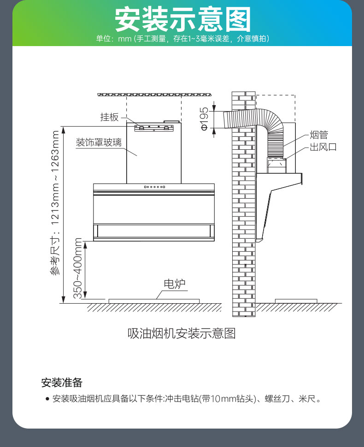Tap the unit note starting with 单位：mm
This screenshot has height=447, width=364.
point(182,39)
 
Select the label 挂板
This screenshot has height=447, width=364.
point(109,117)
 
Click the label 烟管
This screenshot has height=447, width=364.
point(318,135)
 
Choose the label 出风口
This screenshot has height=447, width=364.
point(323,147)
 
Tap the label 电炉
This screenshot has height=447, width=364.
point(174,283)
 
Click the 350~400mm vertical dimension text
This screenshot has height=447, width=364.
point(78,268)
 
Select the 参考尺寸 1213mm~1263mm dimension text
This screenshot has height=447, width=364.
point(55,203)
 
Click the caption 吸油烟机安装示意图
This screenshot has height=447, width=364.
point(182,333)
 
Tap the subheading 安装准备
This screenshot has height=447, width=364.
point(61,382)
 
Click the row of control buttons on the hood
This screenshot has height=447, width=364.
point(154,187)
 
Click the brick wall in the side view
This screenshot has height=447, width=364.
point(243,207)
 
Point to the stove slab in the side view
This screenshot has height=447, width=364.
point(296,301)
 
